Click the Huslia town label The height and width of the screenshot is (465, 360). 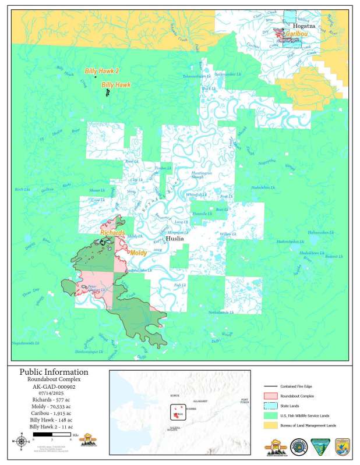(175, 239)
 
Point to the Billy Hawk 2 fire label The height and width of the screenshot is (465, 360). (102, 70)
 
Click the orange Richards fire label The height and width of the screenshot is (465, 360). (112, 233)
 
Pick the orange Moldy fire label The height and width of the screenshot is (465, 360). (137, 253)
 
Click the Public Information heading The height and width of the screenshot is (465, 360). (54, 372)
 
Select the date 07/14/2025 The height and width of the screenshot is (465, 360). (54, 393)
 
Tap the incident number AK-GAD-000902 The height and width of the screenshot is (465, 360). (54, 386)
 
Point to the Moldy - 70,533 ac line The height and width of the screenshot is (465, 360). (54, 408)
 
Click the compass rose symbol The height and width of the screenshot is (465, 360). (22, 441)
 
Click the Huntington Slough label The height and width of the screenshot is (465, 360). (202, 175)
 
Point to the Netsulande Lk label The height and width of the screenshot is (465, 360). (221, 313)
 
